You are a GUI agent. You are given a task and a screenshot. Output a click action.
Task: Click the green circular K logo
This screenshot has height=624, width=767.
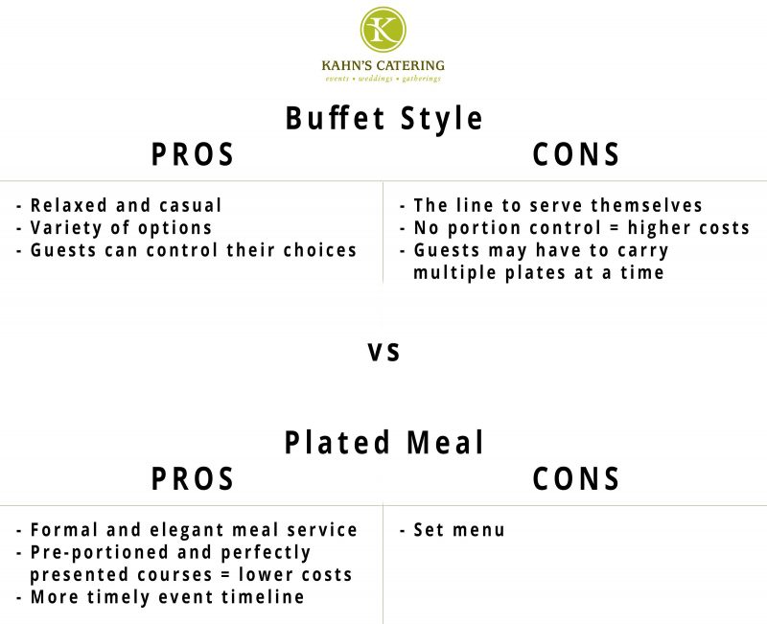(x=383, y=29)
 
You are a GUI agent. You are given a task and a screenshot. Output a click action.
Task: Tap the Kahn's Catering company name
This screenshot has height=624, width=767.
(x=383, y=65)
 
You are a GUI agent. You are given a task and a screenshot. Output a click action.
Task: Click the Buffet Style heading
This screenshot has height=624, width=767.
(x=384, y=119)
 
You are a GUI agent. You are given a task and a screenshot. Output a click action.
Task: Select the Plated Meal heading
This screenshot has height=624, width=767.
(x=384, y=443)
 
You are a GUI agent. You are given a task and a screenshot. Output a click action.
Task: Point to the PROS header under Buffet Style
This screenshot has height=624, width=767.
(x=193, y=154)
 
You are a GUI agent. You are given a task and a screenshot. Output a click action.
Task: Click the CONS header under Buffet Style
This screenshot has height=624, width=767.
(x=576, y=154)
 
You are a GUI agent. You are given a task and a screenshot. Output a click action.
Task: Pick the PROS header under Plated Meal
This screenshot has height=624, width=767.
(x=193, y=478)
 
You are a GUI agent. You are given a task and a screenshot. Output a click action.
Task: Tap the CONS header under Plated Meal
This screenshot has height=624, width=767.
(x=576, y=478)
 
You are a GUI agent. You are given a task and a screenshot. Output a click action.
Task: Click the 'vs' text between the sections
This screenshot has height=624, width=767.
(x=384, y=352)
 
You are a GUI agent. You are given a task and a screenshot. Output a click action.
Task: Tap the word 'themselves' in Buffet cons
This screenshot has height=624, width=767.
(x=646, y=205)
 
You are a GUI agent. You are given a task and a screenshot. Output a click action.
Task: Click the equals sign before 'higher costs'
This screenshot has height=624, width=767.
(x=614, y=228)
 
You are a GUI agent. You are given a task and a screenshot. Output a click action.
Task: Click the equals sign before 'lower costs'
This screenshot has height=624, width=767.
(x=225, y=575)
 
